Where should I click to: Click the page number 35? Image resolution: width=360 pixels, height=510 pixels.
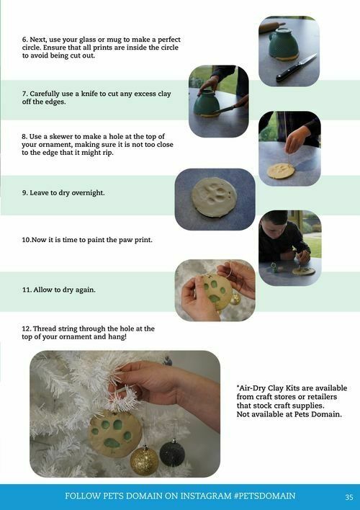pyautogui.click(x=349, y=497)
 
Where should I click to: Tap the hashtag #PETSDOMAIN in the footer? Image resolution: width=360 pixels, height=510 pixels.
pyautogui.click(x=265, y=496)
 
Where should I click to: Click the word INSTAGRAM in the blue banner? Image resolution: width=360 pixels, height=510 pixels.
pyautogui.click(x=206, y=496)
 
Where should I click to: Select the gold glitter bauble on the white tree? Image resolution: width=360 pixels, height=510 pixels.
pyautogui.click(x=145, y=461)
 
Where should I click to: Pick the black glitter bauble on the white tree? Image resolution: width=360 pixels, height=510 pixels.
pyautogui.click(x=172, y=453)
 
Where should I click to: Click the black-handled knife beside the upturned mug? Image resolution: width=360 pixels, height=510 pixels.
pyautogui.click(x=296, y=68)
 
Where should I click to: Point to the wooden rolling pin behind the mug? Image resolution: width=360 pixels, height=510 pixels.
pyautogui.click(x=271, y=27)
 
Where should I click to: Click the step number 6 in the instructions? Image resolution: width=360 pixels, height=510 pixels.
pyautogui.click(x=24, y=40)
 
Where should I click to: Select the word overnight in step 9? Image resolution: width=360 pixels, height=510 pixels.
pyautogui.click(x=88, y=193)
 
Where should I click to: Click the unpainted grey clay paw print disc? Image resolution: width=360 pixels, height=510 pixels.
pyautogui.click(x=214, y=197)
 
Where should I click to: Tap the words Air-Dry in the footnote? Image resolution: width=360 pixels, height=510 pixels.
pyautogui.click(x=249, y=388)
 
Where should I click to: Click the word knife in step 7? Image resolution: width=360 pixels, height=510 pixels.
pyautogui.click(x=89, y=94)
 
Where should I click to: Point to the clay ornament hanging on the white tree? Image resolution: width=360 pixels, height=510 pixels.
pyautogui.click(x=114, y=434)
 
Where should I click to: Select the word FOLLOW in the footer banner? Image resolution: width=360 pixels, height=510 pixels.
pyautogui.click(x=83, y=496)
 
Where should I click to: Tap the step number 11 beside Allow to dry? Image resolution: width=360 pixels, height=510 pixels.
pyautogui.click(x=27, y=290)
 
